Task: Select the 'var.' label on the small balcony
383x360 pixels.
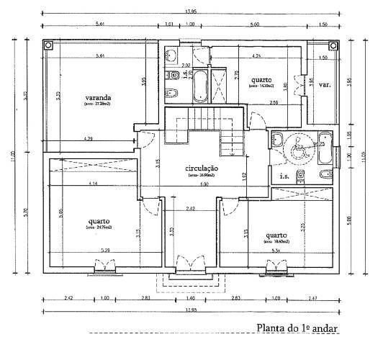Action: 325,84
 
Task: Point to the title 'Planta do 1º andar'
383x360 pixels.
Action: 297,328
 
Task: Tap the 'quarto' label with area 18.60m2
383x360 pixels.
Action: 277,235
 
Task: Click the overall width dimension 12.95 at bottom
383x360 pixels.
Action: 191,310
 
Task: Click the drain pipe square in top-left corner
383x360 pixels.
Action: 49,45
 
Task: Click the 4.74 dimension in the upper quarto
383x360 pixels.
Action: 257,55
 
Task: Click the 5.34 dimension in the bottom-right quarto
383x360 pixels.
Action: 276,251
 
